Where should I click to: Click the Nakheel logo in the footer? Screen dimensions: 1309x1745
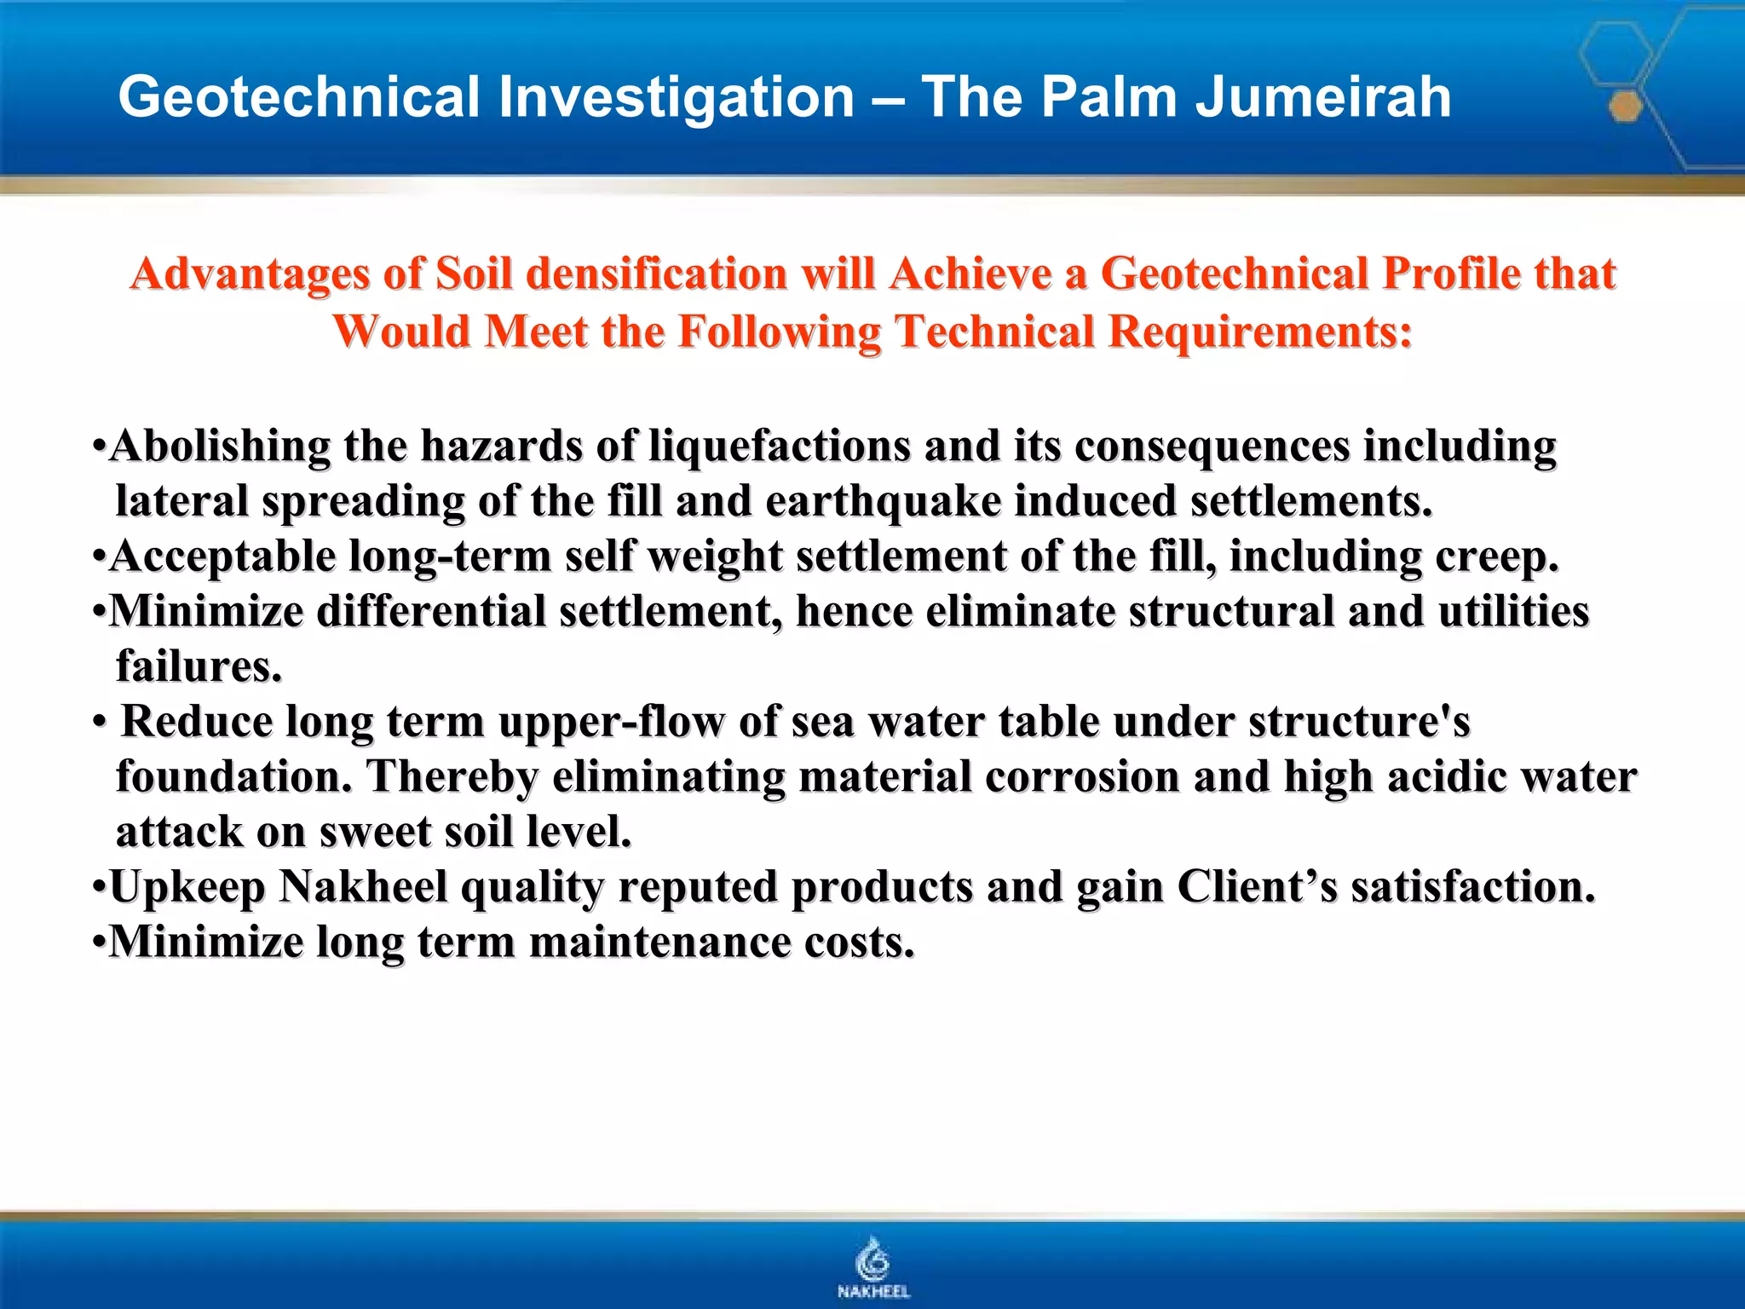(x=873, y=1267)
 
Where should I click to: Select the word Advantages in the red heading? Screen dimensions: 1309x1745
(x=250, y=274)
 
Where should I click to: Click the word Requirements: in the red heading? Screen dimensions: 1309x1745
(x=1259, y=331)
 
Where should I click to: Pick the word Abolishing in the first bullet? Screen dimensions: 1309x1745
(x=220, y=446)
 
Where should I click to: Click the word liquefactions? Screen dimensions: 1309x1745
(x=780, y=446)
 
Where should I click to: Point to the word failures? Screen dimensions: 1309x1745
(x=199, y=666)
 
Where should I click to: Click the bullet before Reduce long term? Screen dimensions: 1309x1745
(x=100, y=723)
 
